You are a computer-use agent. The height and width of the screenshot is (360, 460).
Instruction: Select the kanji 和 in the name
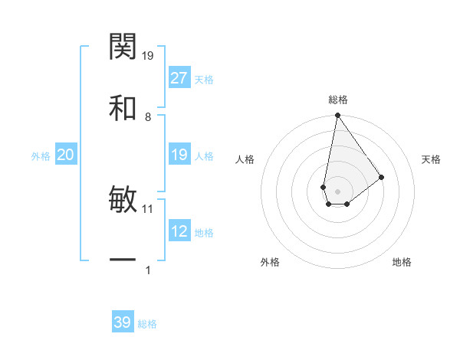click(x=123, y=108)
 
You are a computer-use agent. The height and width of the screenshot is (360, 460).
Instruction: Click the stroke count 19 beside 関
click(x=149, y=55)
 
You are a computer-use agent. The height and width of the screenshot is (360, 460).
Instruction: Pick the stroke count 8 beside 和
click(x=148, y=116)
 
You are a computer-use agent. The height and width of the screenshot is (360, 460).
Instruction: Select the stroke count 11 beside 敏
click(x=148, y=208)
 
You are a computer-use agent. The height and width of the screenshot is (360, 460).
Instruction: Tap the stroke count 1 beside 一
click(x=148, y=270)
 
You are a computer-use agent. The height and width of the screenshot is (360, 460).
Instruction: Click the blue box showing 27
click(x=179, y=78)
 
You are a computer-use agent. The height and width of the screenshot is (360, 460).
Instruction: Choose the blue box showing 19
click(x=179, y=155)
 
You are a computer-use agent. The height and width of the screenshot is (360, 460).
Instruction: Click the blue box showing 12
click(x=179, y=232)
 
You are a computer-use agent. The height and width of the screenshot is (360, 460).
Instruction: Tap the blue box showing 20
click(x=66, y=155)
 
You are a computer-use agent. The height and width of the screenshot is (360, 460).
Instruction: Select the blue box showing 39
click(x=123, y=322)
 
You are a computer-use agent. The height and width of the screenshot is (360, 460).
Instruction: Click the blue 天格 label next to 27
click(x=204, y=80)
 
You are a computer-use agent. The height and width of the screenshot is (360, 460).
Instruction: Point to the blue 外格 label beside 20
click(x=41, y=156)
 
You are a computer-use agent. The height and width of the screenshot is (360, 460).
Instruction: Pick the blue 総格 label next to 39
click(x=147, y=324)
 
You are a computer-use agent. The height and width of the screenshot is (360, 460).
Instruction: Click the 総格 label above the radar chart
click(x=338, y=100)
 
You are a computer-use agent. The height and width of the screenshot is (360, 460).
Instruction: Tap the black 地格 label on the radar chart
click(x=402, y=263)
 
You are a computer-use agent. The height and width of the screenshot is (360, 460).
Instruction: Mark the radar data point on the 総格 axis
click(x=337, y=116)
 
